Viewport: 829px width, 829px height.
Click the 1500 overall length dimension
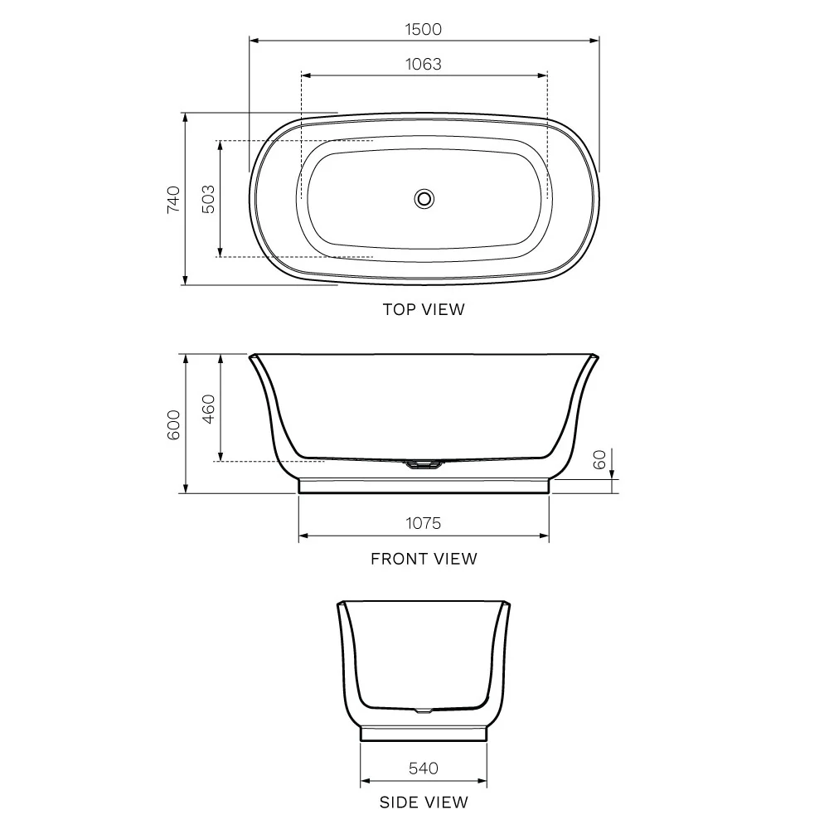click(x=423, y=29)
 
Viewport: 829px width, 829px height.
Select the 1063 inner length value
click(x=423, y=64)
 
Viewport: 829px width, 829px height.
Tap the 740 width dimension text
click(x=173, y=199)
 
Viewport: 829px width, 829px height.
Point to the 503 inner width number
click(x=209, y=199)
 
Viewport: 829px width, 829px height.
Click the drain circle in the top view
click(x=424, y=199)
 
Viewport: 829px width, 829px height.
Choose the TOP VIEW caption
click(x=424, y=309)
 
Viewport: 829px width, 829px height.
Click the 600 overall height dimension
click(x=173, y=424)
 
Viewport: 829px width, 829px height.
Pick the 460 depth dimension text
click(x=209, y=409)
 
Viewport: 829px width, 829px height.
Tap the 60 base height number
click(x=599, y=459)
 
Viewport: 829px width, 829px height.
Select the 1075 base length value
click(x=423, y=523)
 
